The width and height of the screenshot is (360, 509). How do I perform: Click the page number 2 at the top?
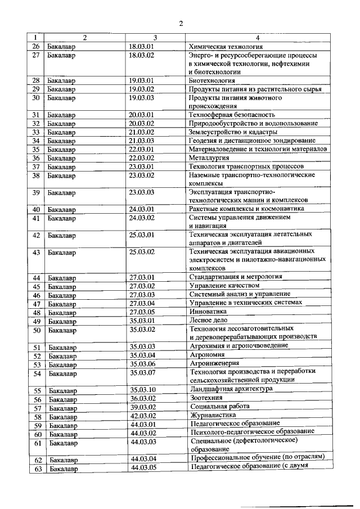(181, 23)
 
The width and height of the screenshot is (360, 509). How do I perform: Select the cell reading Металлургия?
(209, 158)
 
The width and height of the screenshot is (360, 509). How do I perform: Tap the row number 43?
(37, 253)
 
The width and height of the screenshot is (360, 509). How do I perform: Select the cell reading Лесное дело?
(206, 320)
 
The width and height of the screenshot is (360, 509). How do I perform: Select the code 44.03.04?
(143, 459)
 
